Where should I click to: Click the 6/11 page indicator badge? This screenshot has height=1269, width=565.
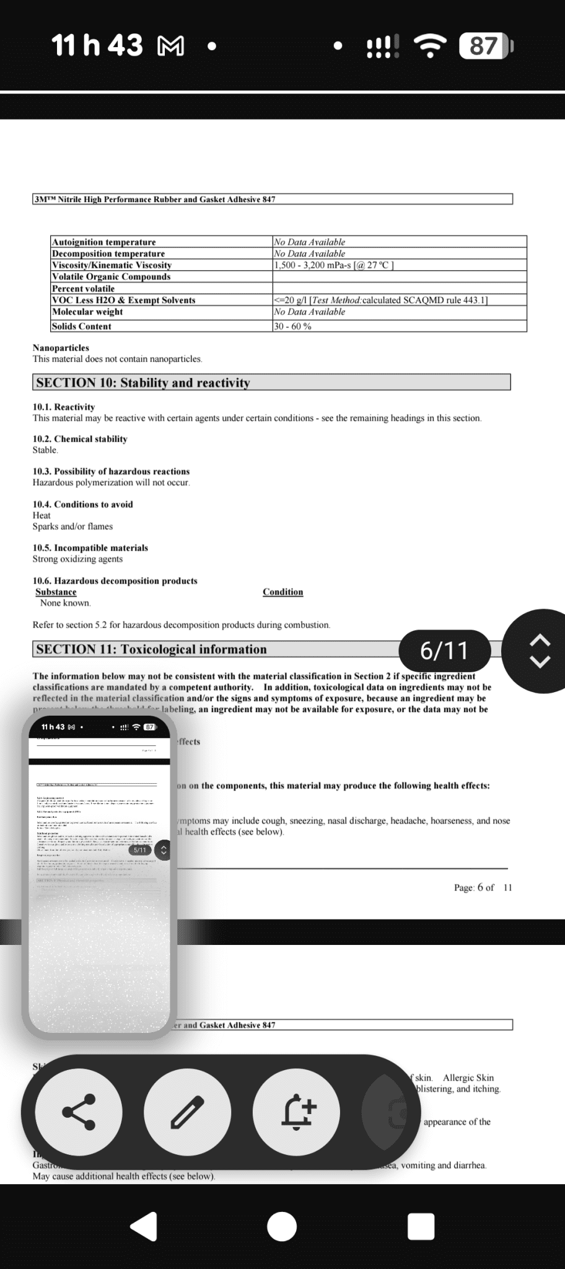coord(445,651)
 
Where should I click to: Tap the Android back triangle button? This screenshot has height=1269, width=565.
coord(144,1226)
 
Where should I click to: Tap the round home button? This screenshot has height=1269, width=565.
coord(282,1226)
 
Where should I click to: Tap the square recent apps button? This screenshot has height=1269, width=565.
coord(421,1226)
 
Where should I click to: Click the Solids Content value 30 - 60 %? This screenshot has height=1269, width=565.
coord(292,327)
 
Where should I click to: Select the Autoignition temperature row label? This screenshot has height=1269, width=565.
coord(103,242)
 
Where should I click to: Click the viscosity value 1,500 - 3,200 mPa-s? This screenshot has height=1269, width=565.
coord(333,265)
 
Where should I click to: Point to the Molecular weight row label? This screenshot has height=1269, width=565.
coord(87,312)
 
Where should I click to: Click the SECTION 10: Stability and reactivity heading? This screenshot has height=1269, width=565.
coord(143,383)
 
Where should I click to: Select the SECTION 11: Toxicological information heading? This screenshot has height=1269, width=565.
coord(151,649)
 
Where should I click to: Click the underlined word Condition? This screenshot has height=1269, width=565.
coord(282,592)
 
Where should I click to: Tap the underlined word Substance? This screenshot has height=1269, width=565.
coord(56,592)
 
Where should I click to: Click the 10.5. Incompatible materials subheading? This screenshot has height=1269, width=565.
coord(90,548)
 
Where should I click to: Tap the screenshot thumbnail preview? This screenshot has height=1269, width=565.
coord(99,874)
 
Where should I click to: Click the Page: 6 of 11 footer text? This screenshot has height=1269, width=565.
coord(483,887)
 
